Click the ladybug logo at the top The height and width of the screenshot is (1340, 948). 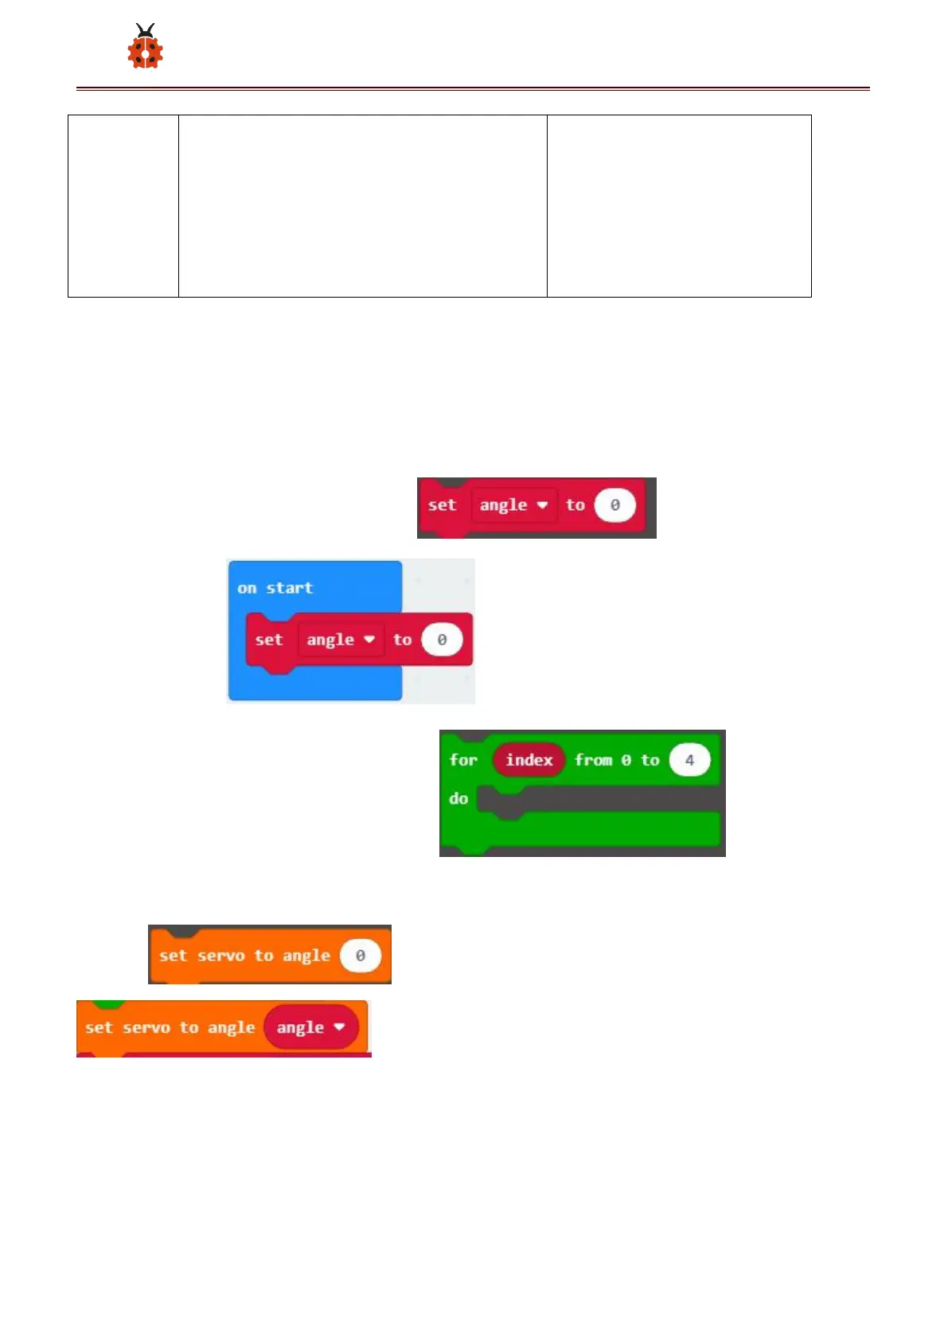coord(145,47)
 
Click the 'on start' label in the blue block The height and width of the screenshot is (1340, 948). coord(275,588)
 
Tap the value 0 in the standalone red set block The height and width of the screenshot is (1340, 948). coord(614,505)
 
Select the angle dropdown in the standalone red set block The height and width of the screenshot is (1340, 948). coord(513,505)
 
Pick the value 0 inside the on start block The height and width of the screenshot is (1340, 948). coord(442,640)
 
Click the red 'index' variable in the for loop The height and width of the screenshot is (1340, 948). coord(529,760)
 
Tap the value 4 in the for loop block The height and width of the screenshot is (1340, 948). coord(689,760)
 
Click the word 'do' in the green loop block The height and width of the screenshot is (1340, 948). coord(458,798)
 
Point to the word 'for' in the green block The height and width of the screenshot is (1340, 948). coord(463,760)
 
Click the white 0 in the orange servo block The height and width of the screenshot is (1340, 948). coord(360,956)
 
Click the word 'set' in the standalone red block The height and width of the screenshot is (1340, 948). coord(442,505)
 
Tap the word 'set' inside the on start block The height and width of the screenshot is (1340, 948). coord(268,640)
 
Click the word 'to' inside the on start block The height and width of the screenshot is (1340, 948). coord(403,640)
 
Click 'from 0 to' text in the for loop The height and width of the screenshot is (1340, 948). coord(617,760)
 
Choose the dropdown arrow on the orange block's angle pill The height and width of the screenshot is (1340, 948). coord(340,1027)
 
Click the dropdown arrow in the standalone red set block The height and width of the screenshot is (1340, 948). coord(542,505)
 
